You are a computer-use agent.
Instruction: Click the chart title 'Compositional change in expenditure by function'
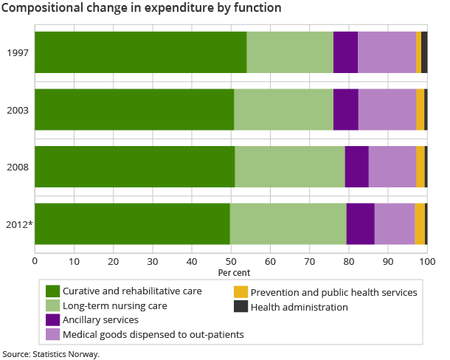click(141, 9)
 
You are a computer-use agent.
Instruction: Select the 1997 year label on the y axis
click(18, 52)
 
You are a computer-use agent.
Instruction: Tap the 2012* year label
click(19, 224)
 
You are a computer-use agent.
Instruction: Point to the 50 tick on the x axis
click(231, 259)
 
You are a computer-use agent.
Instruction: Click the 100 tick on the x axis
click(426, 259)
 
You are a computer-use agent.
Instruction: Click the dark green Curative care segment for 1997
click(140, 52)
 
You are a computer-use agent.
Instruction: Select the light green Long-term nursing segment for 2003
click(283, 110)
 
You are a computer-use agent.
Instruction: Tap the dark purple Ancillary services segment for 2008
click(356, 167)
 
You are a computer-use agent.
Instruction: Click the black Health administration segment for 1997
click(424, 52)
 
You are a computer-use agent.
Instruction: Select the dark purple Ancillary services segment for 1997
click(345, 52)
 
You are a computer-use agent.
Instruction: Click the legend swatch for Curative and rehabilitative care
click(52, 291)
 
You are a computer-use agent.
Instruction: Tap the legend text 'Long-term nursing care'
click(115, 305)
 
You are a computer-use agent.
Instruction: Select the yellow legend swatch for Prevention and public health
click(240, 293)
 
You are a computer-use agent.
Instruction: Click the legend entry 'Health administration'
click(299, 307)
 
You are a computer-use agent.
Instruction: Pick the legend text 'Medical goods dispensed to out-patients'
click(153, 334)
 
